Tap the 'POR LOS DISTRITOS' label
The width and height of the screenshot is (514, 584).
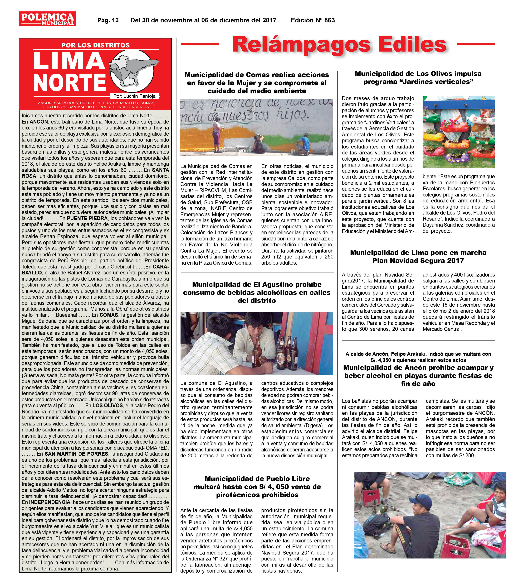(95, 45)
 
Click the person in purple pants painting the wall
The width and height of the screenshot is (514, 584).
(218, 133)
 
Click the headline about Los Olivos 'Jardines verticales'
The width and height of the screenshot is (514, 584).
(418, 78)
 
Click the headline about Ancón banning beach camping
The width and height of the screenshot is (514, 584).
(418, 375)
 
